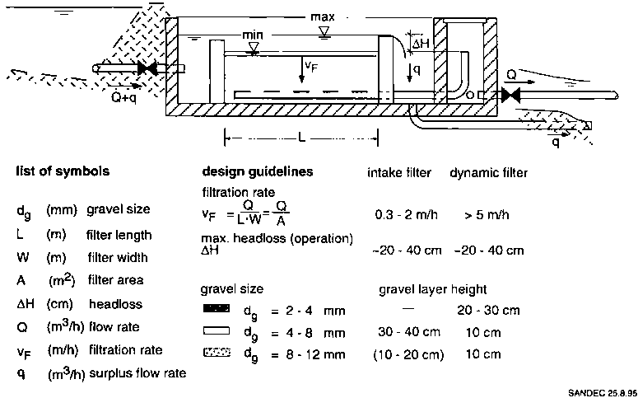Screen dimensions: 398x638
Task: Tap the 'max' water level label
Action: tap(324, 16)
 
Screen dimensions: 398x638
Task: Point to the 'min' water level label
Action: tap(254, 36)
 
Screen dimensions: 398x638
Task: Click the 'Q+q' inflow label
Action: tap(126, 95)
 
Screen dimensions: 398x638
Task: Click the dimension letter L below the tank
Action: tap(302, 138)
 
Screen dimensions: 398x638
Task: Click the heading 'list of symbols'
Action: tap(63, 173)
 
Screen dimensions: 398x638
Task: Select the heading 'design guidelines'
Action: tap(257, 173)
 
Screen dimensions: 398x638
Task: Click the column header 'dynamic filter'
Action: tap(488, 173)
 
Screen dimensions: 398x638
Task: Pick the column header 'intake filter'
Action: tap(399, 173)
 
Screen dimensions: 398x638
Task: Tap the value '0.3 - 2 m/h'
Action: tap(405, 214)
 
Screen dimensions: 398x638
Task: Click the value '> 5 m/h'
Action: tap(486, 214)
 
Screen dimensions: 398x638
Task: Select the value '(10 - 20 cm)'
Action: tap(409, 354)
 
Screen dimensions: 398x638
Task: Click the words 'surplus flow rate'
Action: tap(137, 373)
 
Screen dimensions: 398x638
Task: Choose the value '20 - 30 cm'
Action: tap(488, 311)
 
